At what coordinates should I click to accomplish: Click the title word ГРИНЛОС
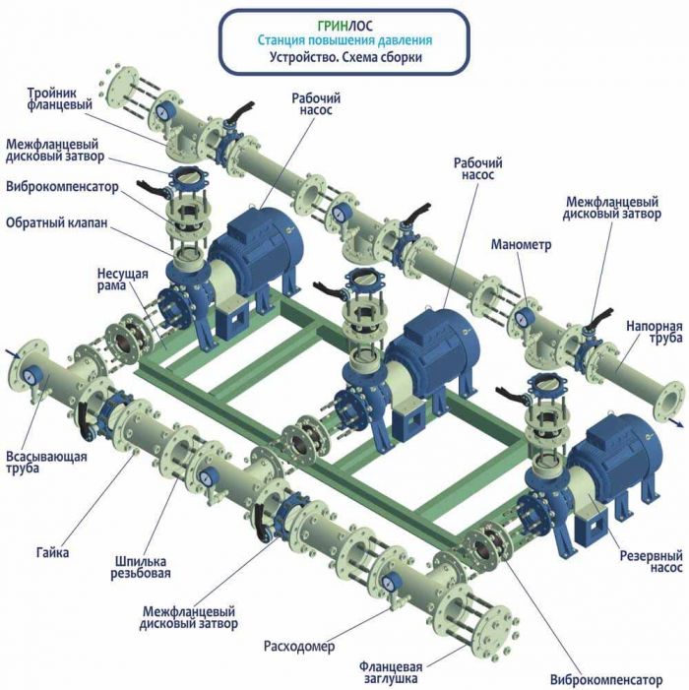coord(344,26)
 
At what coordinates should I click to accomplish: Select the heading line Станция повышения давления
coord(344,40)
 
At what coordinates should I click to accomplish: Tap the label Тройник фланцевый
coord(60,99)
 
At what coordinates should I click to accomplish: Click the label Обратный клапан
coord(57,223)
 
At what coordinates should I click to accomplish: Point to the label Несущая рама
coord(123,280)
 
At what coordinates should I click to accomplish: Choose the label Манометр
coord(521,245)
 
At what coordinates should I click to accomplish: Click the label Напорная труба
coord(655,333)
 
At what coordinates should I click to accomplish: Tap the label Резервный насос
coord(652,561)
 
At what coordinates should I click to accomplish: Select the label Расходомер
coord(299,647)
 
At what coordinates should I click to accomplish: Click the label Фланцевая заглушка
coord(391,672)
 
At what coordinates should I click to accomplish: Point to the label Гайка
coord(53,552)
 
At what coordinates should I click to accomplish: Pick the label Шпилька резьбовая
coord(141,568)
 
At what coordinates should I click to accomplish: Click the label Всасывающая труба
coord(46,462)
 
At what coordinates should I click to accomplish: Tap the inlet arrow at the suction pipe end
coord(13,353)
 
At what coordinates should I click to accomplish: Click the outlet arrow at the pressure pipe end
coord(676,423)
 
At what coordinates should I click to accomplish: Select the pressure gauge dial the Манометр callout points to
coord(524,316)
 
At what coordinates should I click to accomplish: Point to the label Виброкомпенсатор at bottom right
coord(606,680)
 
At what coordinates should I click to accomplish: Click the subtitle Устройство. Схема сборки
coord(345,58)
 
